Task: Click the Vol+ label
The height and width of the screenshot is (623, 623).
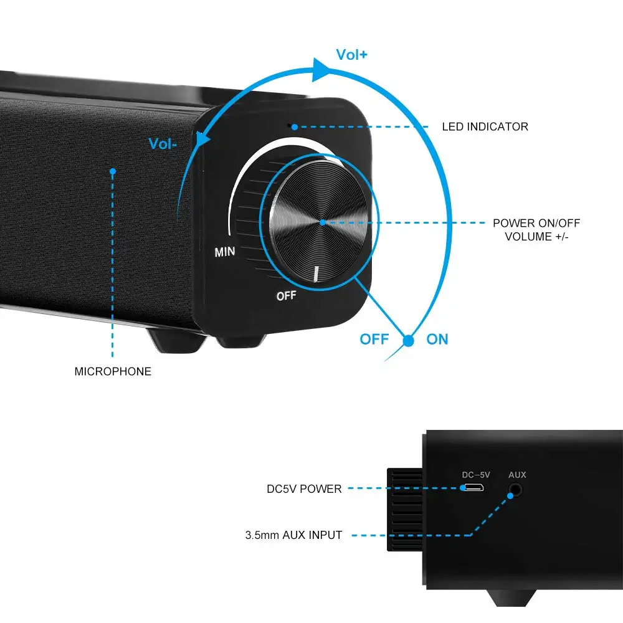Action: point(351,55)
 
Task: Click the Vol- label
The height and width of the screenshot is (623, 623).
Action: point(163,144)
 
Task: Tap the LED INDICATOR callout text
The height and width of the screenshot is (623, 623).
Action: point(485,127)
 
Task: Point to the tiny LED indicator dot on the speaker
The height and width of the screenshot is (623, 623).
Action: point(290,125)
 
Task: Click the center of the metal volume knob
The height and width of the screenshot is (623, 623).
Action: point(322,222)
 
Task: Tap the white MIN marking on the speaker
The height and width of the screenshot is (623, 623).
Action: point(224,253)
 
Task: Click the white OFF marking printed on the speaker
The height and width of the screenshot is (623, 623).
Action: point(286,295)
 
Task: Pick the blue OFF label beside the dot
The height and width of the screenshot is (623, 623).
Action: point(374,340)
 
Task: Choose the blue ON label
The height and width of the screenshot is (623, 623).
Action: point(437,340)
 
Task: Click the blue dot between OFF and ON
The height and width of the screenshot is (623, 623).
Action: point(409,341)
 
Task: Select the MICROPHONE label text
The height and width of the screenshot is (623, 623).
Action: point(113,372)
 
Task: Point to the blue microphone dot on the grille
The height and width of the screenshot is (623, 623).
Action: point(113,171)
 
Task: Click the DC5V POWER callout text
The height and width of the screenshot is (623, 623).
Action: point(304,489)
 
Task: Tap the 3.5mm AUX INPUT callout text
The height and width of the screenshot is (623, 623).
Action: point(293,535)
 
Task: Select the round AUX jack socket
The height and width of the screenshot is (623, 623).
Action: point(514,490)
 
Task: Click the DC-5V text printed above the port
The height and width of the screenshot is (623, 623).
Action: point(476,475)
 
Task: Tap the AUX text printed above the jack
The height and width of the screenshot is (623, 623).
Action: point(517,475)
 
